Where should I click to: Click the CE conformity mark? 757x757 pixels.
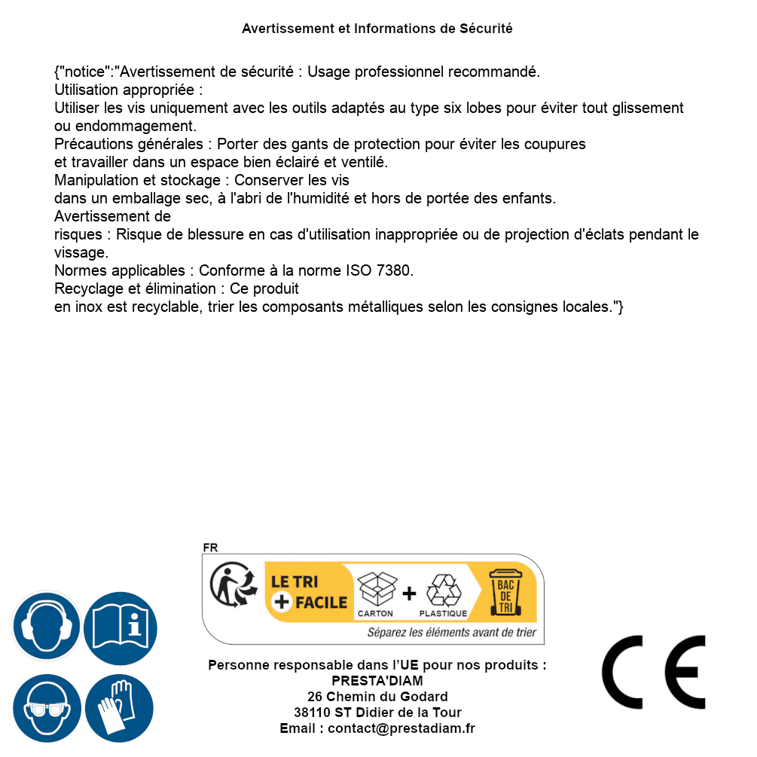click(654, 673)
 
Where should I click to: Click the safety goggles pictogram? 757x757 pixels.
click(46, 708)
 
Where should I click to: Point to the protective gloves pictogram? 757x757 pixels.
click(119, 708)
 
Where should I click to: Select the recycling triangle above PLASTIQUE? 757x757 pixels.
click(443, 590)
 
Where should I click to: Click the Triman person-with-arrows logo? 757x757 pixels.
click(229, 586)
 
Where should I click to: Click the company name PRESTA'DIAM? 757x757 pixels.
click(377, 681)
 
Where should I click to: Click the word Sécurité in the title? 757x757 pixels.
click(486, 29)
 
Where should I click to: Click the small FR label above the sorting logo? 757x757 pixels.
click(210, 548)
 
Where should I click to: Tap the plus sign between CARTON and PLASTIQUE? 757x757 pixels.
click(409, 594)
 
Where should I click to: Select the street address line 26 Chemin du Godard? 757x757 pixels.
click(377, 696)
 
